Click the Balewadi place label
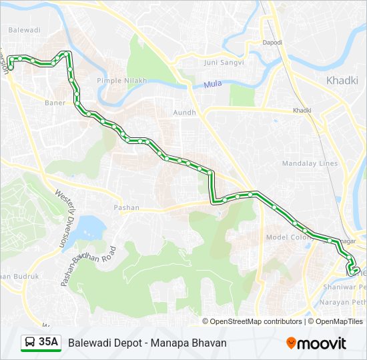coord(24,30)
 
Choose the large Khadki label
coord(342,81)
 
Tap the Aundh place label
coord(184,113)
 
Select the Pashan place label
coord(127,207)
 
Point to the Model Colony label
coord(286,237)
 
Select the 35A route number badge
coord(49,343)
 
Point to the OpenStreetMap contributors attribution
coord(256,321)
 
